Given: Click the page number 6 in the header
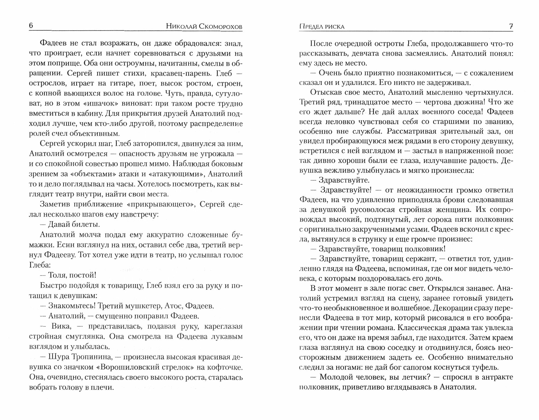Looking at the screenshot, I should tap(31, 26).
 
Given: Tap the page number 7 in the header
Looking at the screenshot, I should tap(511, 26).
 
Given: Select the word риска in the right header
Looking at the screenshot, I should tap(335, 26).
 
